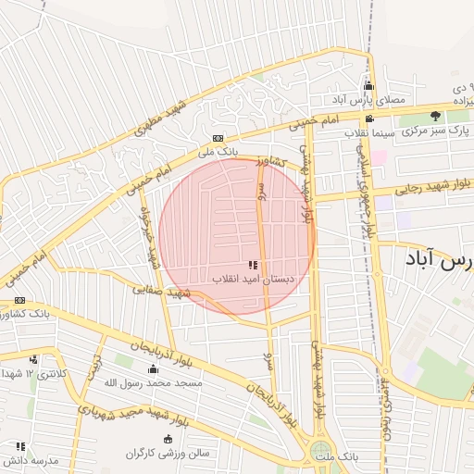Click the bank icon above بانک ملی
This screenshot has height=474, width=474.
pos(218,137)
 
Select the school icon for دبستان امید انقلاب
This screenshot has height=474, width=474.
pos(253,266)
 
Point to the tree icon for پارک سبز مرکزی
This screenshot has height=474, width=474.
pos(436,116)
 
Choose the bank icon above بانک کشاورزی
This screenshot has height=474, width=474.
pos(19,301)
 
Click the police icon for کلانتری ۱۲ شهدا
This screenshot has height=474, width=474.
pos(33,360)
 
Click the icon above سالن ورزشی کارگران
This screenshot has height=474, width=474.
pos(168,439)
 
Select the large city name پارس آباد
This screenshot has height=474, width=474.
pos(440,259)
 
